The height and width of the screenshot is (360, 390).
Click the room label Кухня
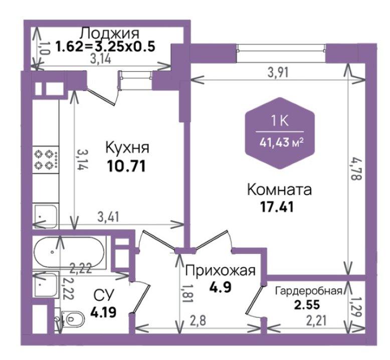127,148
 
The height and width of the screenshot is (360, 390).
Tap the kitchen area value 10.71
126,166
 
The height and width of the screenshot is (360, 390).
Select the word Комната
280,190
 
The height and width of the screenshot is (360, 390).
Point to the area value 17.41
277,207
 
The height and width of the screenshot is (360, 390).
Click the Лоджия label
110,33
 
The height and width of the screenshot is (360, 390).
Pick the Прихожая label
221,270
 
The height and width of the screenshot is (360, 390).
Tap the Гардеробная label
309,290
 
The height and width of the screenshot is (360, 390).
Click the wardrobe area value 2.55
307,304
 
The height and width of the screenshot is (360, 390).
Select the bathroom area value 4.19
103,312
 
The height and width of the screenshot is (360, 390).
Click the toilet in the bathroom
70,318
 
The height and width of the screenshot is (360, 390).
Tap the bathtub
69,252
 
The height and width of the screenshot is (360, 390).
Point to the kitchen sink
46,215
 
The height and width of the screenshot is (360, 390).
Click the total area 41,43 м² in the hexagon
282,143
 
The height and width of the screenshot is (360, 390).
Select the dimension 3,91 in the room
278,73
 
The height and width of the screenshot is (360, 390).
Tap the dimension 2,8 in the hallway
198,321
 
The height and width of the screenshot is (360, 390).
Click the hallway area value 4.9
221,287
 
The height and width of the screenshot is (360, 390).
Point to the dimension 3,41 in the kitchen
108,216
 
